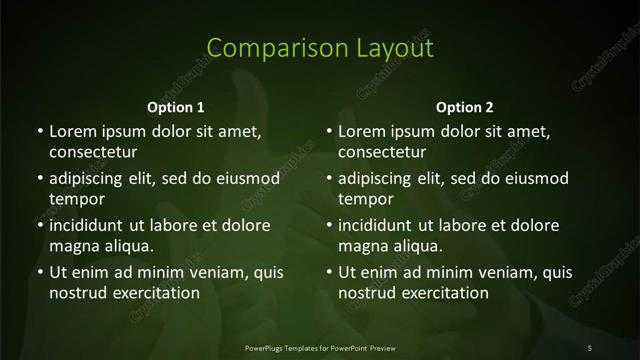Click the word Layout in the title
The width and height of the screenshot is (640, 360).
click(x=391, y=48)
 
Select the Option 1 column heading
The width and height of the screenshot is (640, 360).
click(x=176, y=107)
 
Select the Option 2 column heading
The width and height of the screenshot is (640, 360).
click(x=465, y=107)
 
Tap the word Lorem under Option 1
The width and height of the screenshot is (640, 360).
click(x=71, y=132)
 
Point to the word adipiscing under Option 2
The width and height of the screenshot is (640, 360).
click(x=381, y=179)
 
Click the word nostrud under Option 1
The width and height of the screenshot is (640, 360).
click(x=76, y=293)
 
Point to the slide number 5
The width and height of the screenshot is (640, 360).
click(x=590, y=347)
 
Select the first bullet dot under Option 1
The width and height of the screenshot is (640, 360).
click(x=39, y=132)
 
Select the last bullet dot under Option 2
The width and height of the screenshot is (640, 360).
click(x=329, y=272)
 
